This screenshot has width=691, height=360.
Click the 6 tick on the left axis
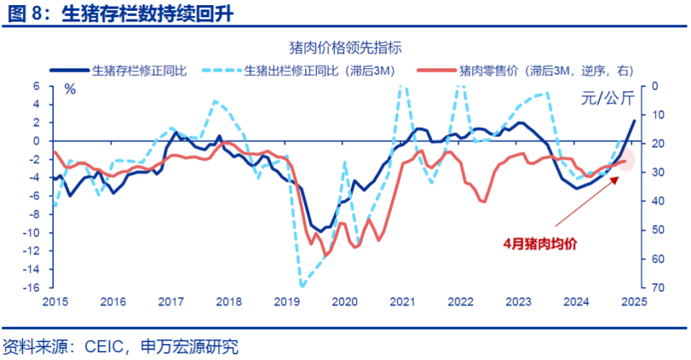[35, 86]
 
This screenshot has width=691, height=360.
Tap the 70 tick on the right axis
[656, 288]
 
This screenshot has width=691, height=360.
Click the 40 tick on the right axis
[656, 202]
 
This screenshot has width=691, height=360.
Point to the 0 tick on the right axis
[653, 86]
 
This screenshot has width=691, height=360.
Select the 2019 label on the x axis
[286, 301]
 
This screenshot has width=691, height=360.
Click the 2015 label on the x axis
[54, 301]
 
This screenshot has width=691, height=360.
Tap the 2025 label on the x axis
[633, 301]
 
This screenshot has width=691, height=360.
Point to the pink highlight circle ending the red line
[625, 161]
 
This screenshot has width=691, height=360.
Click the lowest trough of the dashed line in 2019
[302, 286]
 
